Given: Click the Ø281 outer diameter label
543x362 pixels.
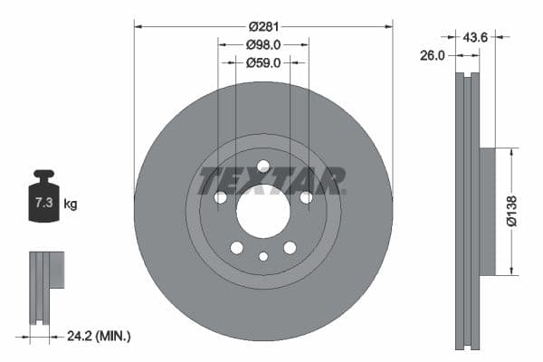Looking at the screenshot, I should [262, 26].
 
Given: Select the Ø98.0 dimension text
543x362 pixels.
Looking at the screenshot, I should [262, 44].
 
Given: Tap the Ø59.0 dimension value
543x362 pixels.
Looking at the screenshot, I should [262, 62].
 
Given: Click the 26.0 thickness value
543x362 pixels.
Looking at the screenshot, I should [433, 55].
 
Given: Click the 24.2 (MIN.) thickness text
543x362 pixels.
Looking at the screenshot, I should [100, 336].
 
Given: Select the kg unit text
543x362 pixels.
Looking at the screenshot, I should [70, 205].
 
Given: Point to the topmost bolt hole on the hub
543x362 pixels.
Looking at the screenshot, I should [263, 167].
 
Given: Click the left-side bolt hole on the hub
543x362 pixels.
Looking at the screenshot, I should [220, 197].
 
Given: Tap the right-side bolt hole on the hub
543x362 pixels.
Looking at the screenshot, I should [306, 197].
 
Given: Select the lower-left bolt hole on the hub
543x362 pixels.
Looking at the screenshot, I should [236, 248].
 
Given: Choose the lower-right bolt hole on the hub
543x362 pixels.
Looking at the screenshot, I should [290, 248].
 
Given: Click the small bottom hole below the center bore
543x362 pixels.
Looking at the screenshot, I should [263, 256].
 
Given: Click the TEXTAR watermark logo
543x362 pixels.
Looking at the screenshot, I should [271, 180].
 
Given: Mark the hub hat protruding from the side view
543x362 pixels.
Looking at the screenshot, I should [487, 212].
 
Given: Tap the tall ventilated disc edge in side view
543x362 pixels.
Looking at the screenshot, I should [467, 212].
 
